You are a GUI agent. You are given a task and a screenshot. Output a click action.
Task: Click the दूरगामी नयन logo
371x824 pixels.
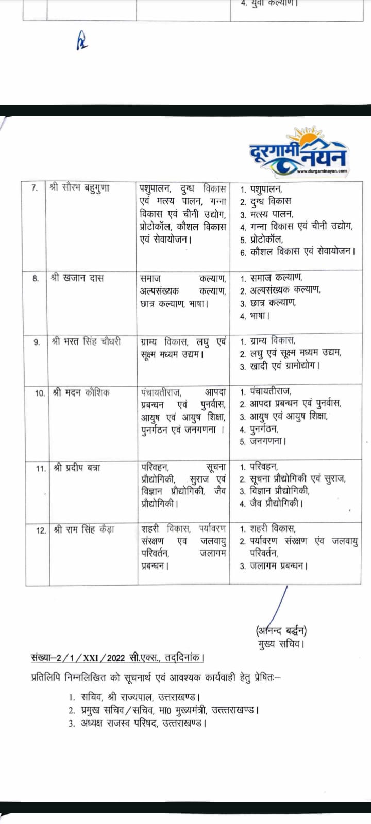pos(298,158)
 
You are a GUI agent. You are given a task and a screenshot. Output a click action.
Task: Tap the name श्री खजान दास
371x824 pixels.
pos(77,278)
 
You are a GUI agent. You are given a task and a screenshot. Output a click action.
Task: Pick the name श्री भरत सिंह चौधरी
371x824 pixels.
pos(87,341)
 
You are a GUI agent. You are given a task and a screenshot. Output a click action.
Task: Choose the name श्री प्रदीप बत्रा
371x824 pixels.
pos(76,468)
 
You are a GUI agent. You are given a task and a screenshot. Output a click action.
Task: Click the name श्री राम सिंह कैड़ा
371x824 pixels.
pos(83,529)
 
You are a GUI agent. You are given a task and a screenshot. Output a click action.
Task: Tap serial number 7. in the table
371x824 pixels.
pos(35,188)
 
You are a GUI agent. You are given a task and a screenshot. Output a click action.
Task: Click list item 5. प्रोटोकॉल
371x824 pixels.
pos(262,239)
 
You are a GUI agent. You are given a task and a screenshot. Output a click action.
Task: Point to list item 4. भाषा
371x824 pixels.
pos(255,316)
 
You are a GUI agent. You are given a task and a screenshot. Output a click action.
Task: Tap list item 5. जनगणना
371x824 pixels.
pos(263,441)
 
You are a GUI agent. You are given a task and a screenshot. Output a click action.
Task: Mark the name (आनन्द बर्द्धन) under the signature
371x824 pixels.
pos(281,630)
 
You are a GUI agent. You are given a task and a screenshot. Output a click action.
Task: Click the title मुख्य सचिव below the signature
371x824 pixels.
pos(281,644)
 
